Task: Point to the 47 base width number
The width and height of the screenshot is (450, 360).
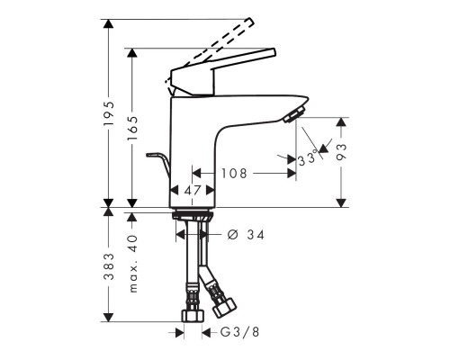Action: tap(193, 191)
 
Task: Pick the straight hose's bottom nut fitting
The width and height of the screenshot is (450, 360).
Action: tap(190, 316)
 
